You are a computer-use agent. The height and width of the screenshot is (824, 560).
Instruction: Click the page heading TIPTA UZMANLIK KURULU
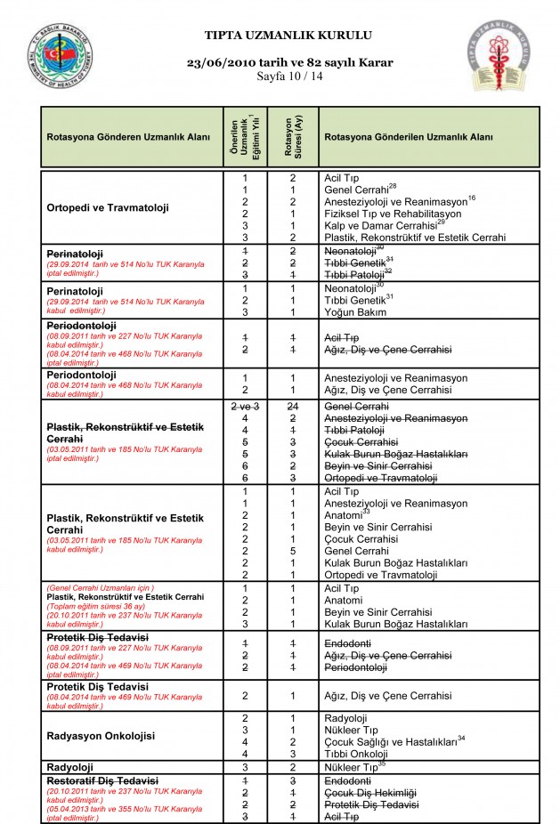coord(288,35)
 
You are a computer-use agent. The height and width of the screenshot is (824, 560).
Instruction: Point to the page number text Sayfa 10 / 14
coord(289,77)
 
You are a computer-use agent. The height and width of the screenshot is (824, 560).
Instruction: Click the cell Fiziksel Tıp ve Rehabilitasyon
coord(393,214)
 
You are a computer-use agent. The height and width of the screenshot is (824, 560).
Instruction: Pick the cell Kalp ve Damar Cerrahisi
coord(385,225)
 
